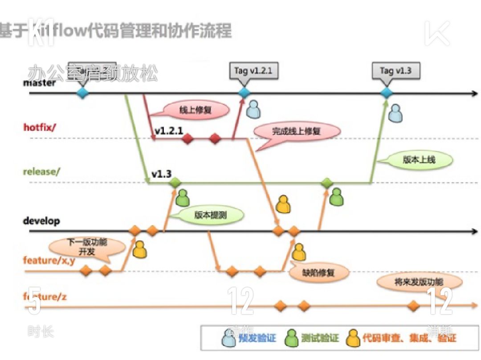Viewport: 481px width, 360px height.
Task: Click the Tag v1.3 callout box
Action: (x=396, y=70)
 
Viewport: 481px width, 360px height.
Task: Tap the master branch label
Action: (x=40, y=83)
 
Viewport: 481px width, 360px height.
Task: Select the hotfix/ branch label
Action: (x=40, y=127)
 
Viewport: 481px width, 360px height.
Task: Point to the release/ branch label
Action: (x=41, y=172)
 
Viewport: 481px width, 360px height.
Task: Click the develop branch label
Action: (x=41, y=221)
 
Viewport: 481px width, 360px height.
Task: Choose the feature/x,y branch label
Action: (x=49, y=261)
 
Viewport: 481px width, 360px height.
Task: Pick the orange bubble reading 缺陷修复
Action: (x=318, y=272)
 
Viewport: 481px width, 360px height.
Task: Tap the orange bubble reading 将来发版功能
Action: (x=419, y=282)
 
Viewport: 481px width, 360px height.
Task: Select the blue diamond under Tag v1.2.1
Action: (x=244, y=93)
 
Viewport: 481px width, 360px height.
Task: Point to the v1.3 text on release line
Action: (x=161, y=174)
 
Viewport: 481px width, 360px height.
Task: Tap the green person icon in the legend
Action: (x=292, y=338)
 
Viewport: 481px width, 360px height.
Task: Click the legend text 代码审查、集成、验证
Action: (x=409, y=338)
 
